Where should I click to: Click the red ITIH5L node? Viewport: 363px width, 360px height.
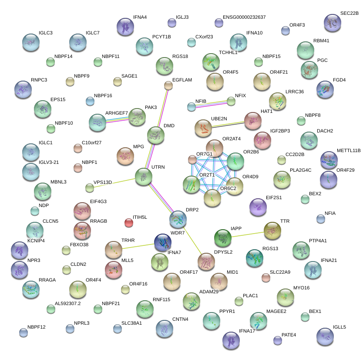(x=128, y=223)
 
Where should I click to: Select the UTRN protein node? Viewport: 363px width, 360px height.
(x=144, y=177)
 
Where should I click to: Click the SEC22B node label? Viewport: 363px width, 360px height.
(x=349, y=14)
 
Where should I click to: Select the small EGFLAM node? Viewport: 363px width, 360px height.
(x=168, y=85)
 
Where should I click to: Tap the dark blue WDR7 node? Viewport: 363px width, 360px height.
(x=163, y=242)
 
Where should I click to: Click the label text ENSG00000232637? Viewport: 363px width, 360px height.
(x=244, y=17)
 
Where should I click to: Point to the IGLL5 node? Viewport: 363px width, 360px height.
(x=325, y=336)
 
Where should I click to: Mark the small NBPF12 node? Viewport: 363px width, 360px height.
(x=23, y=333)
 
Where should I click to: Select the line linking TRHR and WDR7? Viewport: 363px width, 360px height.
(x=138, y=246)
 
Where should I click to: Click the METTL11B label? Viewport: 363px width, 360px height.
(x=349, y=151)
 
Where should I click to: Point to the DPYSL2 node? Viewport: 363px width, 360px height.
(x=206, y=262)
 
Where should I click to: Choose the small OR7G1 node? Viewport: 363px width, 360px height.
(x=192, y=159)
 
